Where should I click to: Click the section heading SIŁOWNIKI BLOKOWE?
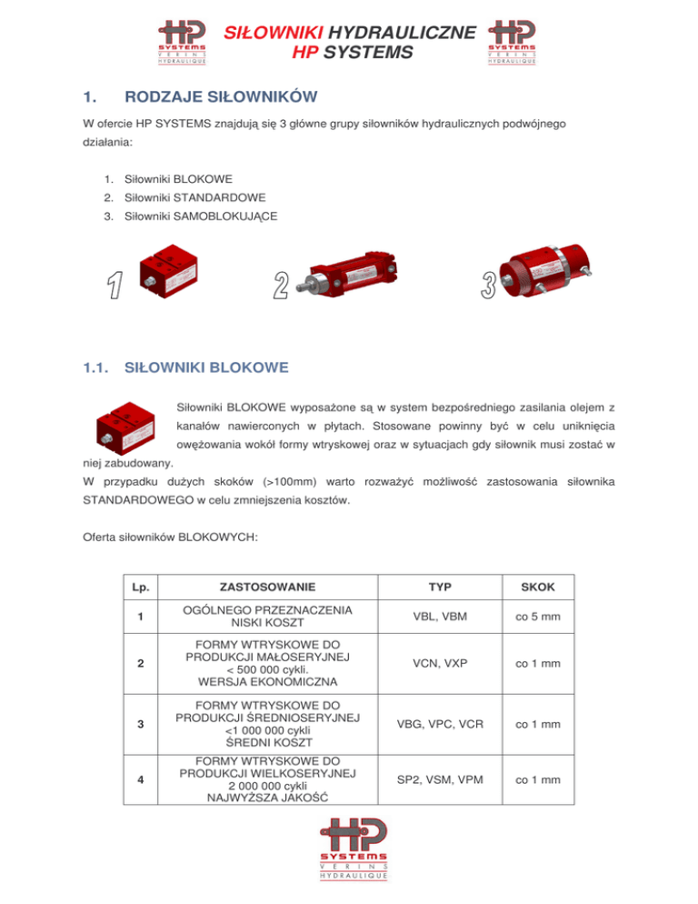tap(206, 368)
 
